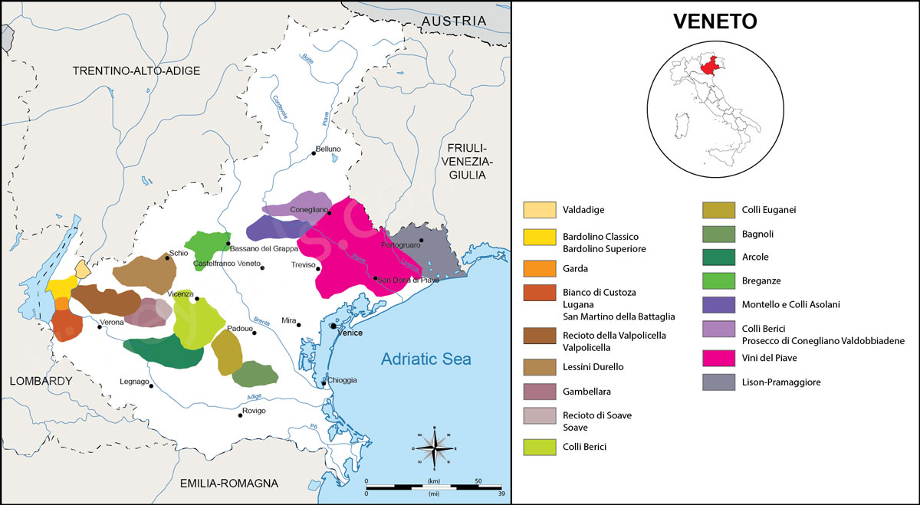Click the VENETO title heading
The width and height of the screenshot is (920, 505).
coord(715,21)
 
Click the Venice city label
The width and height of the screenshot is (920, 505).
coord(350,333)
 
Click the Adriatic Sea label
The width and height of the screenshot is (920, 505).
coord(426,359)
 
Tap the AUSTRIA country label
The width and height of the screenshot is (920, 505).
coord(455,20)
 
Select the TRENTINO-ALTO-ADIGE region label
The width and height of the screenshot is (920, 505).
coord(136,71)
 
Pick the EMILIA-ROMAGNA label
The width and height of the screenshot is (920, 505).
coord(229,483)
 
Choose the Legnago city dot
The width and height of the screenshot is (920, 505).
coord(151,386)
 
